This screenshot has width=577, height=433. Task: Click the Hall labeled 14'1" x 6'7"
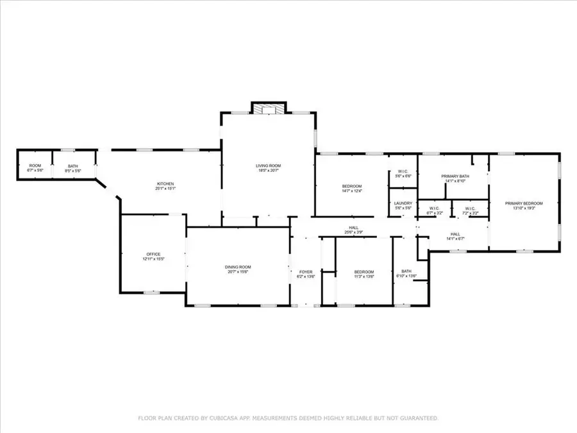pyautogui.click(x=455, y=236)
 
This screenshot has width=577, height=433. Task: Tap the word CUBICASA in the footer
pyautogui.click(x=229, y=418)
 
